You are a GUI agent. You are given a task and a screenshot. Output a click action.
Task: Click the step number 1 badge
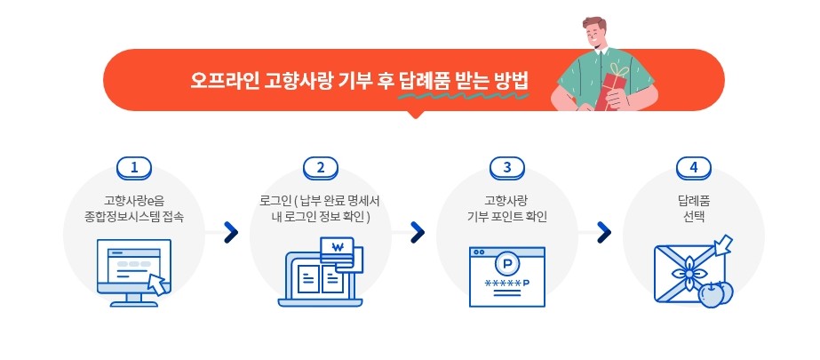[134, 167]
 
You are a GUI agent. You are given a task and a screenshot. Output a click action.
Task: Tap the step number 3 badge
[506, 167]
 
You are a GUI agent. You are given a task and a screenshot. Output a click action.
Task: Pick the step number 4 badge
[693, 167]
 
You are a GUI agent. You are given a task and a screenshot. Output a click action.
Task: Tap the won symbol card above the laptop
[336, 249]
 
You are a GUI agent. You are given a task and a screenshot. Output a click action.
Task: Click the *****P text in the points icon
[506, 284]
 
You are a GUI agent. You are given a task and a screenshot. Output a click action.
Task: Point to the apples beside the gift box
[713, 292]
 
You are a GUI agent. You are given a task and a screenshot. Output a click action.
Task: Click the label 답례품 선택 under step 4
[693, 207]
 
